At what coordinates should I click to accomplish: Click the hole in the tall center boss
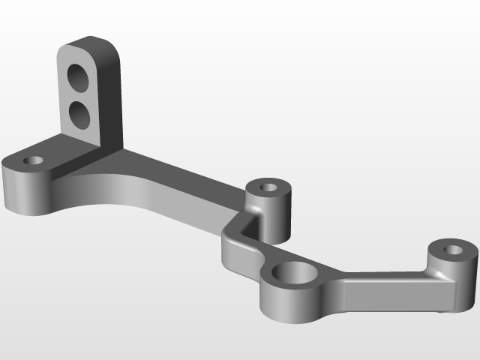pos(268,185)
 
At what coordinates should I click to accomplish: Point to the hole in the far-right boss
pos(453,249)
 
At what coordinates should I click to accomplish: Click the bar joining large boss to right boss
pos(382,289)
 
